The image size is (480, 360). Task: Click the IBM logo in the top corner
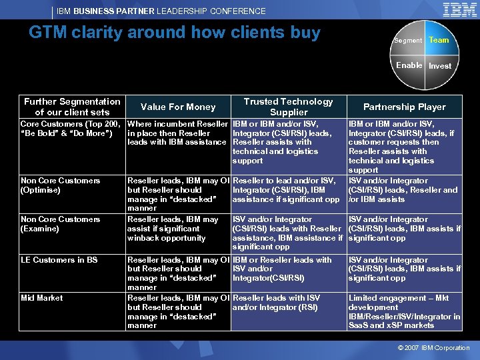click(459, 10)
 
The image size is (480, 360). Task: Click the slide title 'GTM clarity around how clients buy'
click(175, 33)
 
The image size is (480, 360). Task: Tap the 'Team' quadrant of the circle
click(439, 41)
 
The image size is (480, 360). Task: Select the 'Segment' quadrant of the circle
click(407, 41)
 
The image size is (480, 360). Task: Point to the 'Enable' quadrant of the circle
click(409, 65)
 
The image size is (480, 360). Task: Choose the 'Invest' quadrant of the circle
click(439, 66)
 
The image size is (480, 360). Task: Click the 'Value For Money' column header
click(178, 107)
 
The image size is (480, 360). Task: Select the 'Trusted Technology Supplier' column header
click(288, 107)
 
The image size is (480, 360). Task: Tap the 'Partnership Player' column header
click(404, 107)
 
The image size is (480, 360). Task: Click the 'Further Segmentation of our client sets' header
click(72, 107)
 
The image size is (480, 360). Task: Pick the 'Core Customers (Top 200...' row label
click(70, 128)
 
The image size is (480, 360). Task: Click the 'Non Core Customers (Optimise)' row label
click(61, 185)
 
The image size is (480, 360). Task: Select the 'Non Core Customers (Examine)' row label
click(61, 224)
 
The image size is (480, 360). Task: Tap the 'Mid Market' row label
click(42, 298)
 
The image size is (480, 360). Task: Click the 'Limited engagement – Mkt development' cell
click(404, 312)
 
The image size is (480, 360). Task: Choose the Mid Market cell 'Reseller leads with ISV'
click(277, 303)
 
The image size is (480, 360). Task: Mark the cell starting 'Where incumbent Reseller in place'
click(177, 133)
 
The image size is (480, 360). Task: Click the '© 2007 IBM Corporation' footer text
click(433, 348)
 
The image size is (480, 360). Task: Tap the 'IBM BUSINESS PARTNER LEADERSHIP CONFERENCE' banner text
click(161, 11)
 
